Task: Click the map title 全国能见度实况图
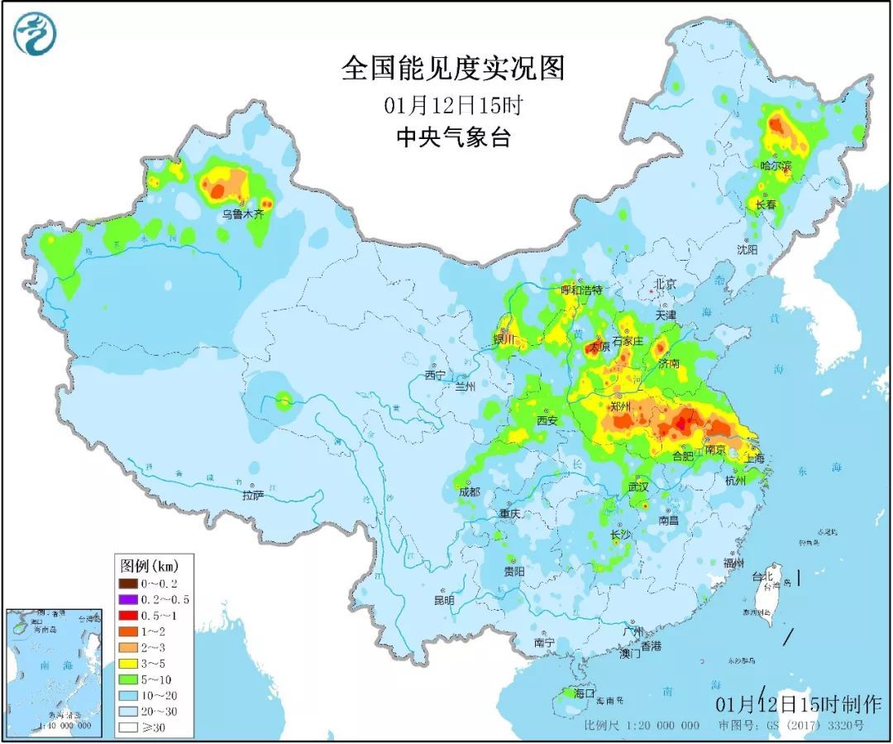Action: click(x=452, y=68)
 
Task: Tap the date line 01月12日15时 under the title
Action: click(x=452, y=105)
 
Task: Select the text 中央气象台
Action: click(x=452, y=137)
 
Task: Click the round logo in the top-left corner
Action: click(x=34, y=34)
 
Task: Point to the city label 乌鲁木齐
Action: click(x=242, y=214)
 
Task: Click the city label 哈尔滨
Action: click(x=776, y=166)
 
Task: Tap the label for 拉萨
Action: click(x=253, y=495)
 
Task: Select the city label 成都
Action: click(x=468, y=492)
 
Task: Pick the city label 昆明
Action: click(x=444, y=599)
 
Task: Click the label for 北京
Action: click(x=665, y=284)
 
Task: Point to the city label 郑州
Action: click(x=619, y=406)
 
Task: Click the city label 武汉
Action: click(x=638, y=487)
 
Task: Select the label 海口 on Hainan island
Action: click(x=584, y=694)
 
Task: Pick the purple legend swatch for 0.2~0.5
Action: click(x=127, y=599)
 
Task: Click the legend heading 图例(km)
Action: click(x=149, y=567)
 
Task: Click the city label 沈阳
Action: click(x=749, y=248)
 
